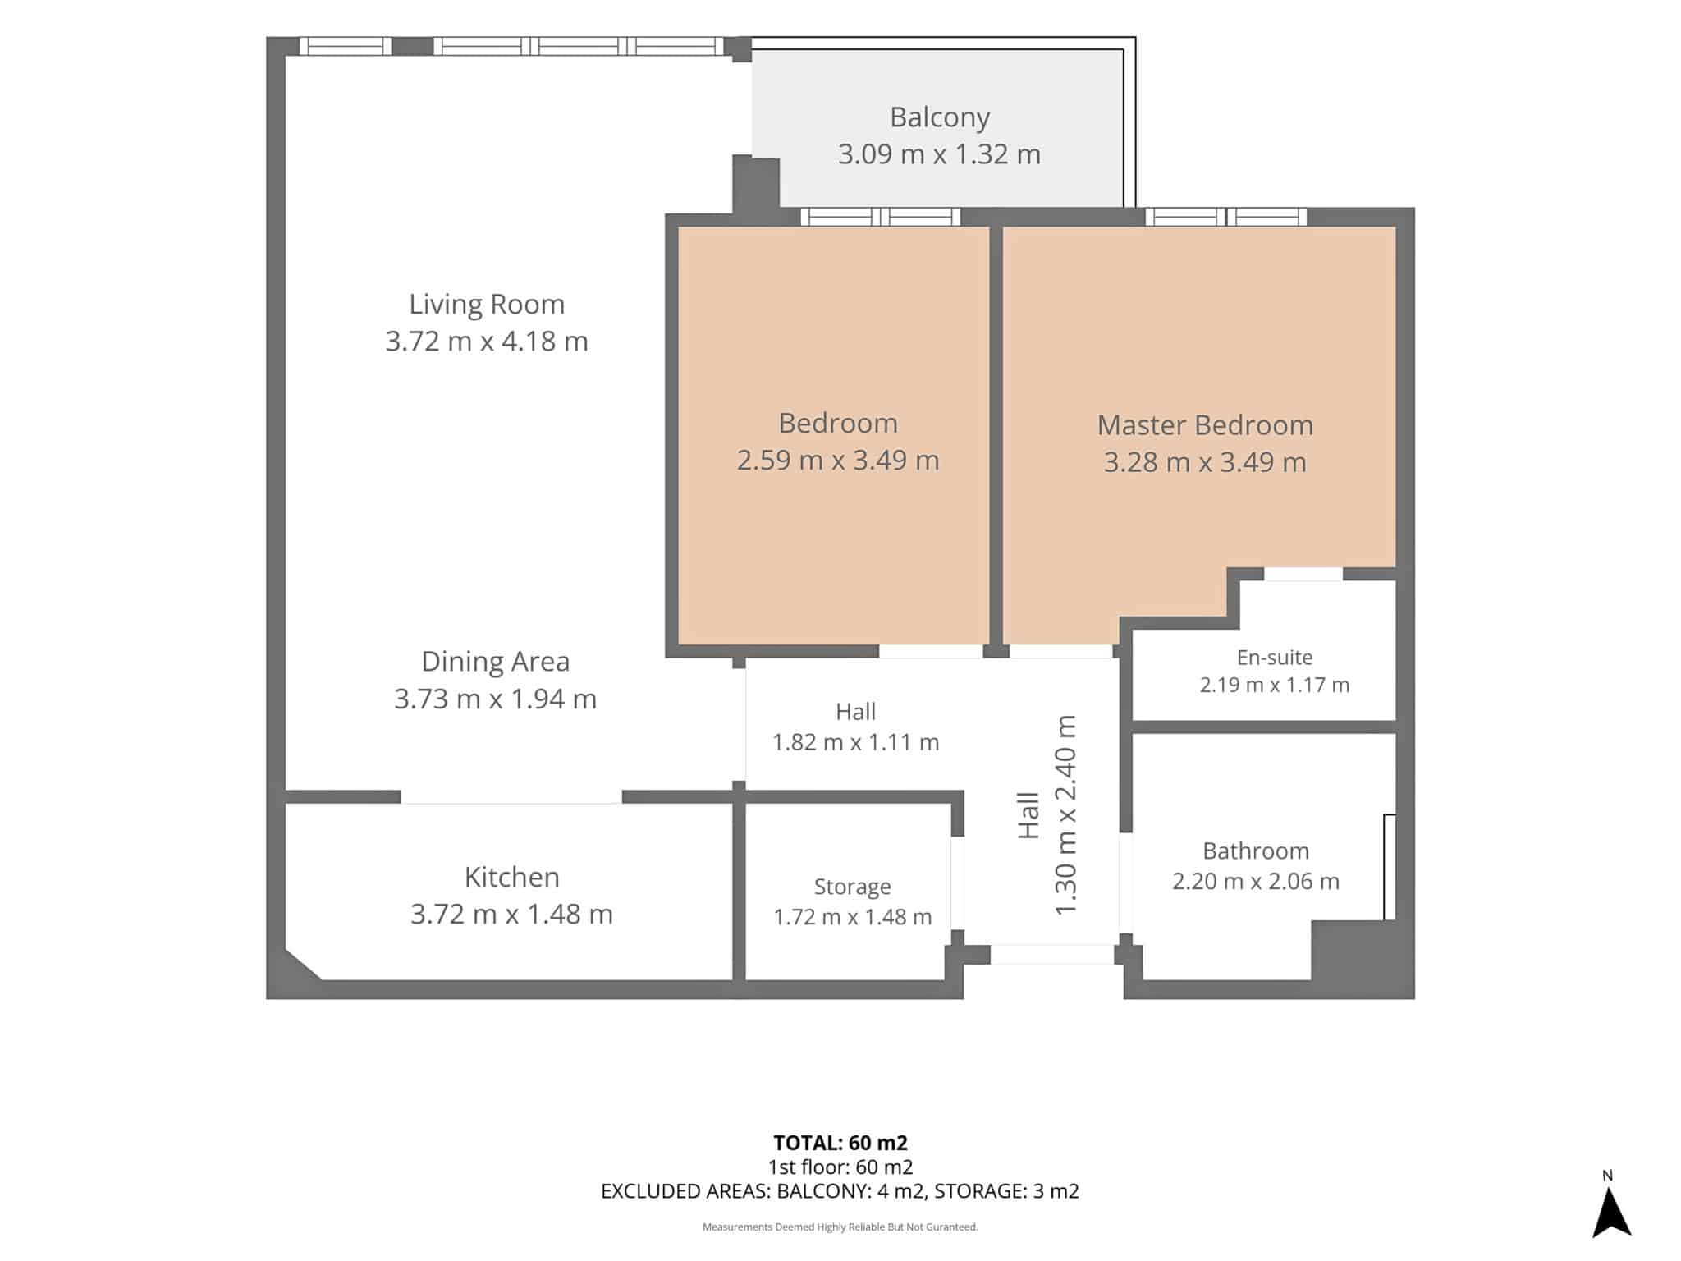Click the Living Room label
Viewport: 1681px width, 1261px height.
(x=487, y=305)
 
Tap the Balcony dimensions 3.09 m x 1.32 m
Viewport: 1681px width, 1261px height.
(x=939, y=154)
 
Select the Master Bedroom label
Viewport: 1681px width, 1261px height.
(x=1205, y=425)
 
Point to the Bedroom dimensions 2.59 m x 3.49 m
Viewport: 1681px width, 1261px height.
(x=838, y=460)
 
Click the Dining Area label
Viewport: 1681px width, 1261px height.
(x=495, y=662)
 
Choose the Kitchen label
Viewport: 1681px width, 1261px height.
(x=512, y=877)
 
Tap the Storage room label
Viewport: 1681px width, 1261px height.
(x=852, y=887)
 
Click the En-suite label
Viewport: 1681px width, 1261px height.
(x=1275, y=657)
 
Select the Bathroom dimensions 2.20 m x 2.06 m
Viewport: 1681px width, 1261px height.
(x=1256, y=882)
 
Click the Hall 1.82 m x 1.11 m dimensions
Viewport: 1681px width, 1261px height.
(x=855, y=742)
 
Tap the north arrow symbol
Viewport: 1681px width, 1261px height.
(x=1611, y=1213)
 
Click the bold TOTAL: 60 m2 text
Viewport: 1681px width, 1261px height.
(x=840, y=1143)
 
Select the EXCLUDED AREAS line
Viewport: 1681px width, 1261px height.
(x=840, y=1191)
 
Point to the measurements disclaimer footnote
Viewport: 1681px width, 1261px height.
(x=840, y=1227)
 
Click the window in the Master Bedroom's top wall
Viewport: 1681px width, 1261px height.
(x=1225, y=217)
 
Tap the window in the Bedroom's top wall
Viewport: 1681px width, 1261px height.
(x=880, y=217)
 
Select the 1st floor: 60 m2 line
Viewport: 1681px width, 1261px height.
(x=840, y=1167)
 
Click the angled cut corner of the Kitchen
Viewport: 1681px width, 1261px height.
(x=304, y=965)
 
